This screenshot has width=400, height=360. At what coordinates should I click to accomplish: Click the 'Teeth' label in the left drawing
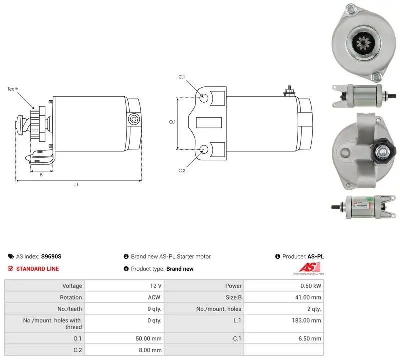13,89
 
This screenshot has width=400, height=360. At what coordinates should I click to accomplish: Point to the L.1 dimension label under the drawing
76,184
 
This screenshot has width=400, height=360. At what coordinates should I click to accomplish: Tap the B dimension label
41,175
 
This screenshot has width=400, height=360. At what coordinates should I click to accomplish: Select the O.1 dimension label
172,122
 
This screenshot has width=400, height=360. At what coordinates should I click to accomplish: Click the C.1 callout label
182,77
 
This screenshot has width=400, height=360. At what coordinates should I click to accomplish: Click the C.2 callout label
182,170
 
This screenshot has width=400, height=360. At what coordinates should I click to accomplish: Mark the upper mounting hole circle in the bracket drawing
204,98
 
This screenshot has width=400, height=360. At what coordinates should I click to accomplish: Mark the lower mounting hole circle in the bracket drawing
204,150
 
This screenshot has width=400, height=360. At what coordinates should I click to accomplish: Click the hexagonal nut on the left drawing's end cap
134,119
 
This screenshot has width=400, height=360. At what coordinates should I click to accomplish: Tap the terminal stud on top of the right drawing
289,91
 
